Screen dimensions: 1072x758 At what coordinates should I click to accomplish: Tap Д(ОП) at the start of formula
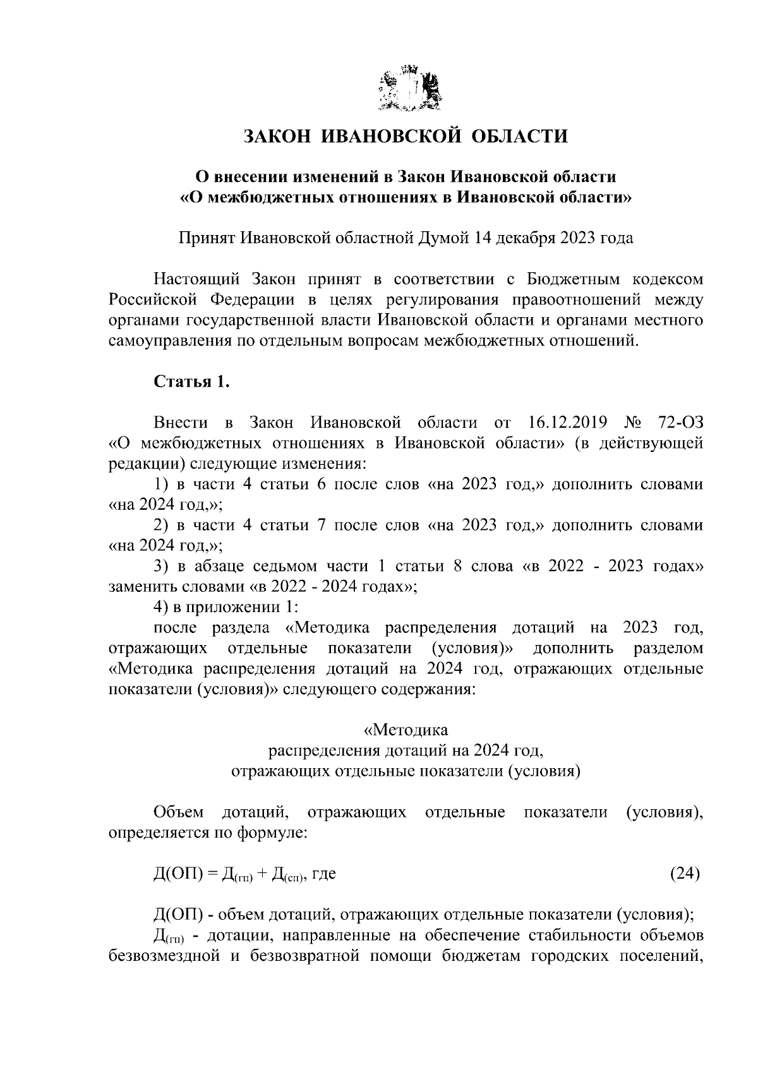[177, 874]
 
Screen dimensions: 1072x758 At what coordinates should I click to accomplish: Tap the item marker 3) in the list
[161, 566]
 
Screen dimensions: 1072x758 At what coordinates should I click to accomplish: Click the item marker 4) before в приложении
[161, 607]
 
